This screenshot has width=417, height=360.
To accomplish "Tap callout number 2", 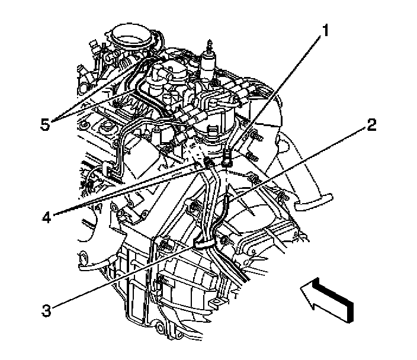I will coord(371,125).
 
